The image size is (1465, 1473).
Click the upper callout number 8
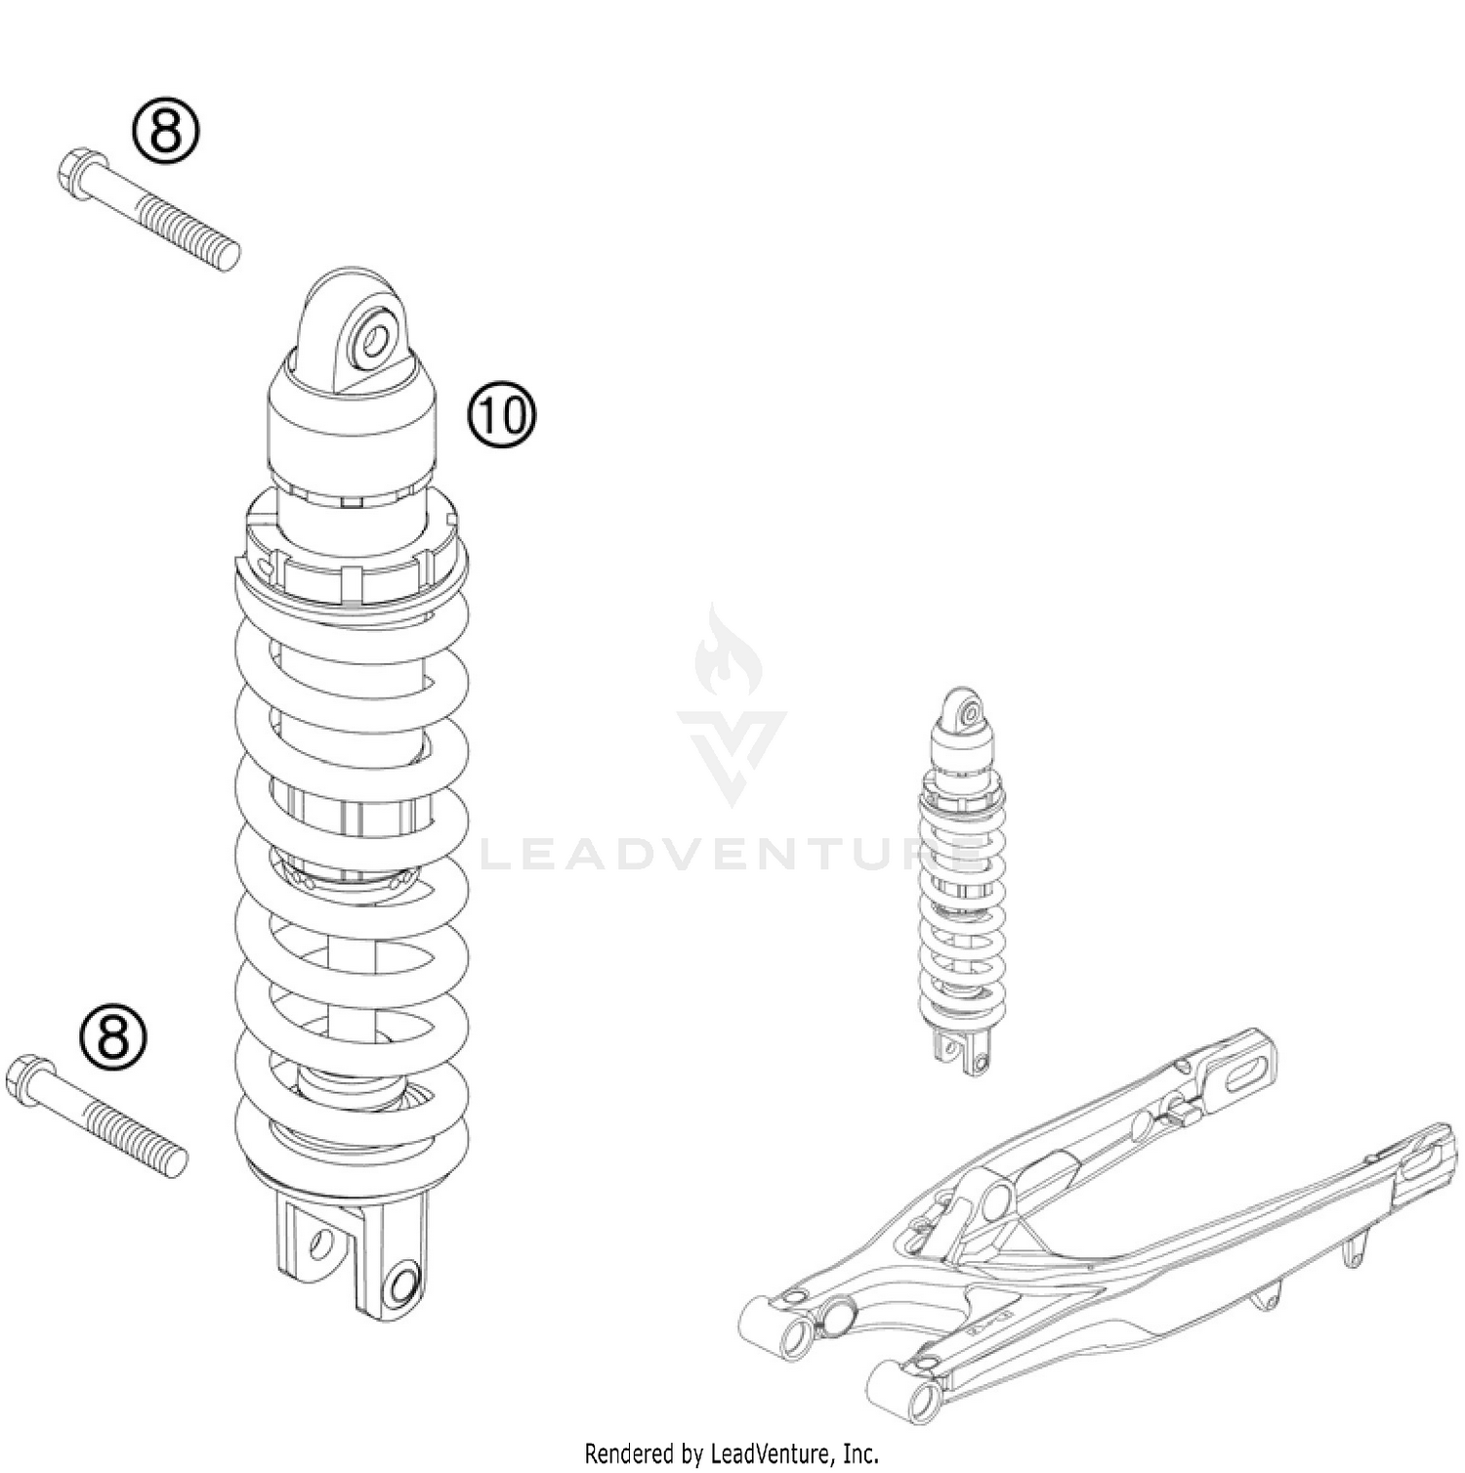point(165,132)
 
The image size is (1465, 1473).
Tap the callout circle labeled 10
point(502,415)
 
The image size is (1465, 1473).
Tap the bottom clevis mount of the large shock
point(352,1255)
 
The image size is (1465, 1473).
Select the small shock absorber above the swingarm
point(962,879)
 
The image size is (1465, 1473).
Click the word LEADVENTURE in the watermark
point(731,857)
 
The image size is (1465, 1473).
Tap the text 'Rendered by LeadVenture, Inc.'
point(732,1453)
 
